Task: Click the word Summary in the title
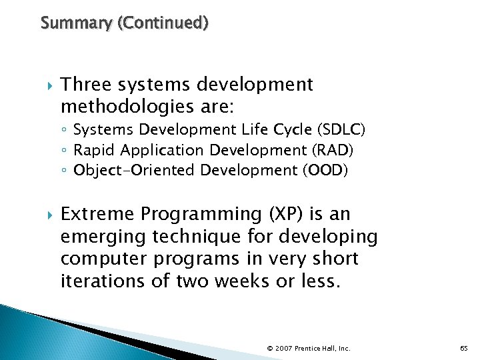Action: coord(67,23)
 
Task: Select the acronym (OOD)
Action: coord(325,170)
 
